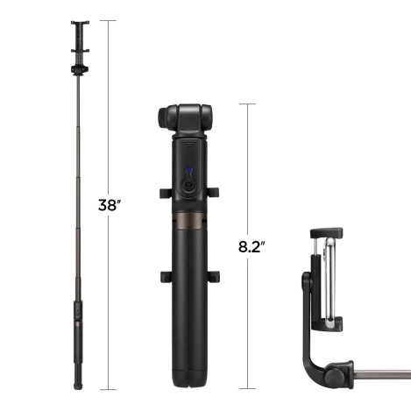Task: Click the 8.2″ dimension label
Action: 252,246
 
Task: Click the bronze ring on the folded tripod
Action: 186,216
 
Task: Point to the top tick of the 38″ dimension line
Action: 110,20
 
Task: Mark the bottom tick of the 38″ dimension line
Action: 110,388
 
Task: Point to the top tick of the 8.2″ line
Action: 251,104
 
